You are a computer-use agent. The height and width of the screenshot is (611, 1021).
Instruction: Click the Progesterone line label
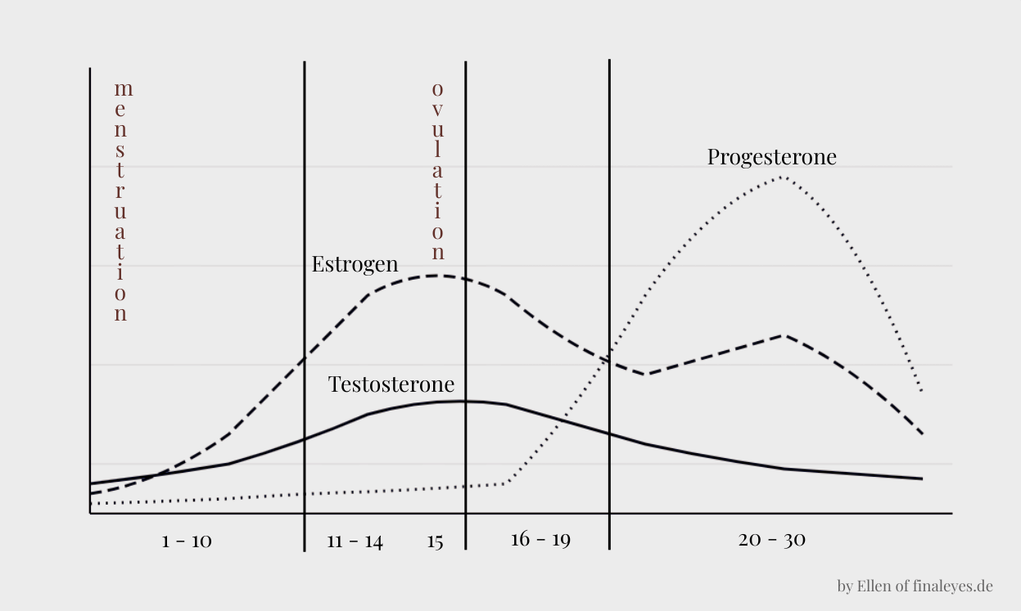[x=771, y=156]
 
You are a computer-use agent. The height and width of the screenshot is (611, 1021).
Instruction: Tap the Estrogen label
[x=355, y=264]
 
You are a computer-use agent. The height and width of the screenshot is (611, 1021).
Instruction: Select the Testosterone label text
[x=391, y=384]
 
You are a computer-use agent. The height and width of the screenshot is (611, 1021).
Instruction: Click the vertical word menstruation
[x=121, y=200]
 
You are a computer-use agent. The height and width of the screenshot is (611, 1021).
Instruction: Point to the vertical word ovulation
[x=438, y=170]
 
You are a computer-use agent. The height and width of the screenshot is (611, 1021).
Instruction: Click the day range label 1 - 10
[x=187, y=541]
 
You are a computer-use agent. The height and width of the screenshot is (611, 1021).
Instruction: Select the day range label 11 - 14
[x=355, y=541]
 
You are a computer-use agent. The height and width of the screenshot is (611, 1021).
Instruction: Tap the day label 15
[x=435, y=541]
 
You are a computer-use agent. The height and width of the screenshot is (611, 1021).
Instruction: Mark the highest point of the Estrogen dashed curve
[x=435, y=275]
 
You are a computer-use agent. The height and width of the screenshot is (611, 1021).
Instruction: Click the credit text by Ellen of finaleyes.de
[x=915, y=586]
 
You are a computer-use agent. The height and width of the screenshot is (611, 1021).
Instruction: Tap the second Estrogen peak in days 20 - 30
[x=784, y=335]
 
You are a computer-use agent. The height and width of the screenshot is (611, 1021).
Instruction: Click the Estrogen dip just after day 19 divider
[x=647, y=374]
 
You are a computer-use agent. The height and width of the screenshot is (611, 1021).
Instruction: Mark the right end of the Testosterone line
[x=922, y=478]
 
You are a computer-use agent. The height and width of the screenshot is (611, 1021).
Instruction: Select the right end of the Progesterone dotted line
[x=922, y=391]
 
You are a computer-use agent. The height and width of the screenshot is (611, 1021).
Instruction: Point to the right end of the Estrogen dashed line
[x=922, y=433]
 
